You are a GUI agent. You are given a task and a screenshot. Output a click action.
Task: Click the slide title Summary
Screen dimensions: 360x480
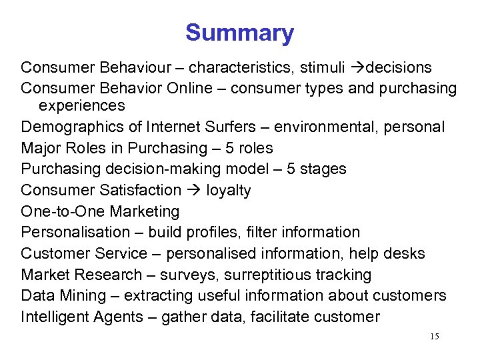point(239,33)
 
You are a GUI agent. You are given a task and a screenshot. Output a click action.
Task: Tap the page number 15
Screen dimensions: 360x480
point(434,337)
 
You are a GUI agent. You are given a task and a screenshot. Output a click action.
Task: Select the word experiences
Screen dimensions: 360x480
point(81,105)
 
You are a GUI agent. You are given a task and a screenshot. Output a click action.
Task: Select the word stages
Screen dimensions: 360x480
point(323,169)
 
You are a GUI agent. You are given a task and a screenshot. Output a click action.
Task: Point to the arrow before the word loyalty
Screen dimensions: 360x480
point(193,191)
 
